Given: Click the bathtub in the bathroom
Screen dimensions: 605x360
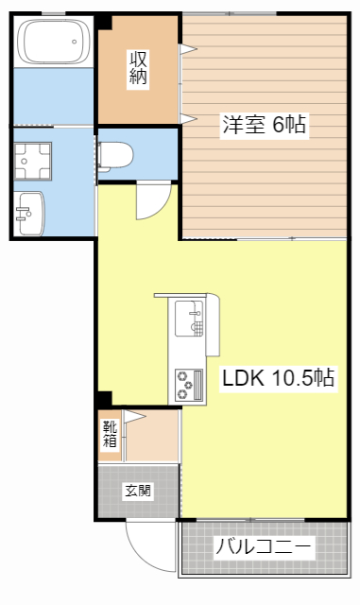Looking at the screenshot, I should pos(53,43).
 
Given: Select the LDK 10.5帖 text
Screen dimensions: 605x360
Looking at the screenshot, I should pos(276,379).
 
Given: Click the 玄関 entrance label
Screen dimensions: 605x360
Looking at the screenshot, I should pos(138,491).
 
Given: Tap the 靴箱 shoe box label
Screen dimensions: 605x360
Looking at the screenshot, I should pos(110,434).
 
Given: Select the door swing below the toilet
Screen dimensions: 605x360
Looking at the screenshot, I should pos(152,201).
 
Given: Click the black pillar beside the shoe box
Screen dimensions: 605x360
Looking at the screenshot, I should pos(104,400).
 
